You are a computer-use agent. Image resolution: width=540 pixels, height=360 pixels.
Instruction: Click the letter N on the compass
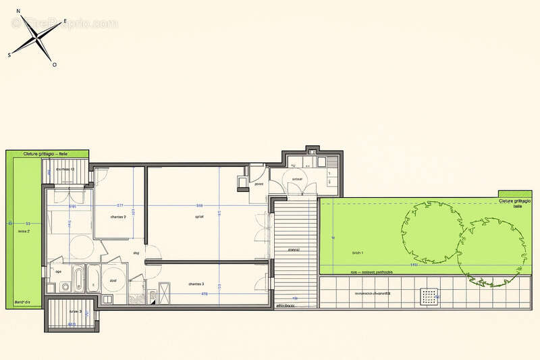coord(18,11)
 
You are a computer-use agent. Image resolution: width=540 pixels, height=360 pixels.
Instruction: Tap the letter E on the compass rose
coord(65,22)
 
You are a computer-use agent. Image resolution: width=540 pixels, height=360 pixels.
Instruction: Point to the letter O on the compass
coord(55,65)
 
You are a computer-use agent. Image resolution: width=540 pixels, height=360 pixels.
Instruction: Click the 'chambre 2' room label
coord(119,217)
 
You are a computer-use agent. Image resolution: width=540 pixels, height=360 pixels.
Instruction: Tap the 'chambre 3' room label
coord(197,284)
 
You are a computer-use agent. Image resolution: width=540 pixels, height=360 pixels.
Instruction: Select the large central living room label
coord(200,217)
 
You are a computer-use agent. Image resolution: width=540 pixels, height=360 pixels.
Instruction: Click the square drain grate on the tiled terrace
coord(427,295)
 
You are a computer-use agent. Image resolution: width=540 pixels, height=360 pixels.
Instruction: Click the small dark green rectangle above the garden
coord(510,195)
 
